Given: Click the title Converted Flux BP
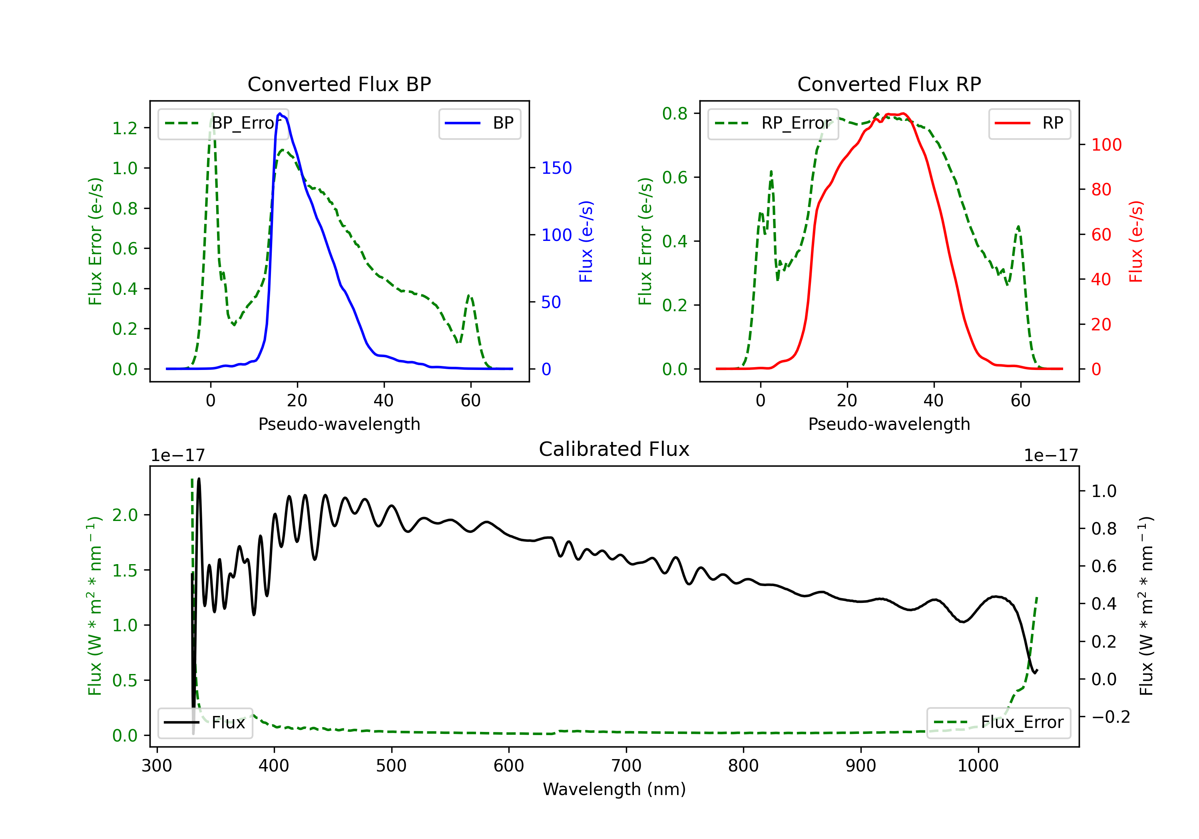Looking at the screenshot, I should tap(339, 84).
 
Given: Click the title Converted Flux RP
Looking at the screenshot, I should tap(889, 84).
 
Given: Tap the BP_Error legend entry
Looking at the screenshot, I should tap(223, 123).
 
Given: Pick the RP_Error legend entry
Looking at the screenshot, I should tap(773, 123).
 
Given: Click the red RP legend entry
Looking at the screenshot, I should tap(1029, 123).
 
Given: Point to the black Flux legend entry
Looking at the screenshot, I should tap(205, 723).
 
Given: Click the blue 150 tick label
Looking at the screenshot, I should tap(556, 168).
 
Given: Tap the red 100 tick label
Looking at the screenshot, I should tap(1106, 145).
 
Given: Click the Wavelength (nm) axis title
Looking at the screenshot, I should tap(614, 789).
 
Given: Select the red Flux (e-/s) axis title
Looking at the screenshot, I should tap(1136, 241).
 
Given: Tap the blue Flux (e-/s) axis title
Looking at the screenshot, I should tap(586, 241).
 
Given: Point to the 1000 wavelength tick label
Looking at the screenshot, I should tap(978, 766).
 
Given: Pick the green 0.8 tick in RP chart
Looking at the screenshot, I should tap(675, 113).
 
